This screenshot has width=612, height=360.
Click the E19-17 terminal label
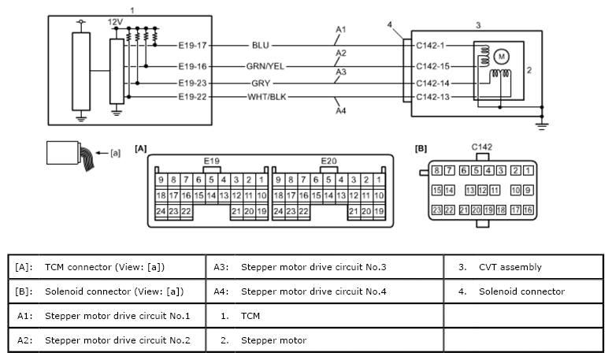click(x=192, y=45)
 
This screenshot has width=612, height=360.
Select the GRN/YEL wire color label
click(x=265, y=66)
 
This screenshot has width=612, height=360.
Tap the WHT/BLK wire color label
click(x=267, y=97)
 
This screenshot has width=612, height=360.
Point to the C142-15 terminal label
click(x=433, y=66)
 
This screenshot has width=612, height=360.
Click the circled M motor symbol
click(x=501, y=57)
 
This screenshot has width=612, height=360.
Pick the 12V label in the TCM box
click(x=115, y=22)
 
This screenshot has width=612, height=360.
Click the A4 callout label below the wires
click(x=341, y=111)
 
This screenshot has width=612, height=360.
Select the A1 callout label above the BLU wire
click(x=341, y=30)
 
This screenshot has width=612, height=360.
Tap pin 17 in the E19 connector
click(x=173, y=195)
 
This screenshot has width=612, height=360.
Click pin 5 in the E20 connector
click(x=328, y=180)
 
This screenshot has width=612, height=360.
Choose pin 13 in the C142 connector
click(x=470, y=190)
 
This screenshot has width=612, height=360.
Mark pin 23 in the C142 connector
click(x=437, y=210)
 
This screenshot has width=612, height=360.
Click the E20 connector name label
click(x=328, y=161)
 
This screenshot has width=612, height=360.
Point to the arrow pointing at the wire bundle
click(x=102, y=153)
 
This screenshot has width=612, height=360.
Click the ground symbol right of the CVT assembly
click(x=542, y=126)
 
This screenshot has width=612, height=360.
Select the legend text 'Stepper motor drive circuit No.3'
click(x=313, y=267)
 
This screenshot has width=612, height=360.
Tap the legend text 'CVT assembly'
click(x=510, y=267)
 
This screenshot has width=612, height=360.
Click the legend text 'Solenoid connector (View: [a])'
click(x=114, y=291)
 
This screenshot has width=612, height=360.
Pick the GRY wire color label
click(x=261, y=84)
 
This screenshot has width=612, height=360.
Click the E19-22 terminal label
click(x=192, y=97)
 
